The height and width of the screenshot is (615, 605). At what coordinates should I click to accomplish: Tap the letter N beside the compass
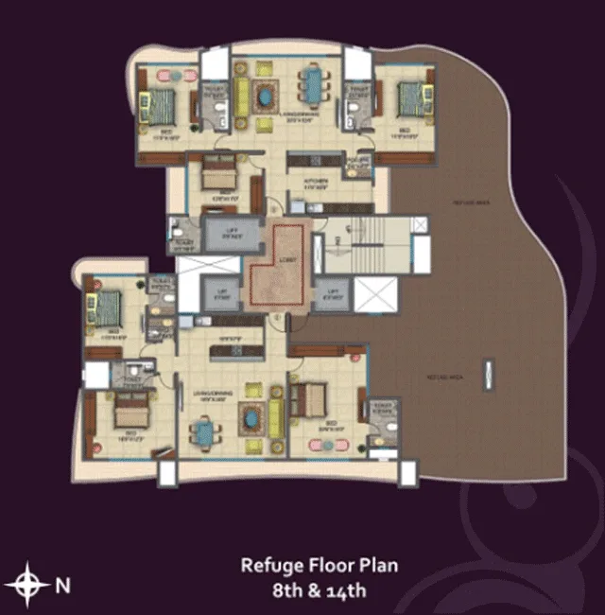tap(62, 586)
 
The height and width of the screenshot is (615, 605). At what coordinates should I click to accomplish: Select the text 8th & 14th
tap(319, 592)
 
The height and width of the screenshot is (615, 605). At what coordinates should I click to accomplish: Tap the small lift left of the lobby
tap(224, 295)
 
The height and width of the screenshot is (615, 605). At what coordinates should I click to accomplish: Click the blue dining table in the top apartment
tap(313, 84)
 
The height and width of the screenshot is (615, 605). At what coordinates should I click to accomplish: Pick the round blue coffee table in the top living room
tap(265, 95)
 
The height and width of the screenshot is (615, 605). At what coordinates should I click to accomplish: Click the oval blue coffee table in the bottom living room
tap(250, 416)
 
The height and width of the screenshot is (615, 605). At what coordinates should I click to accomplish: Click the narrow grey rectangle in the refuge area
tap(489, 374)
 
